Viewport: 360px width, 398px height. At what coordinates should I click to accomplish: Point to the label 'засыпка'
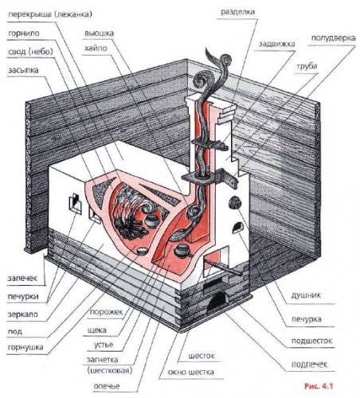coord(25,70)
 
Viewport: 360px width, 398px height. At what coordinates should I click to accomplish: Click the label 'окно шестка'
coord(190,372)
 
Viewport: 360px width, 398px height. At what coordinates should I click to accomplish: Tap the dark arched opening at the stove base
coord(217,302)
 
